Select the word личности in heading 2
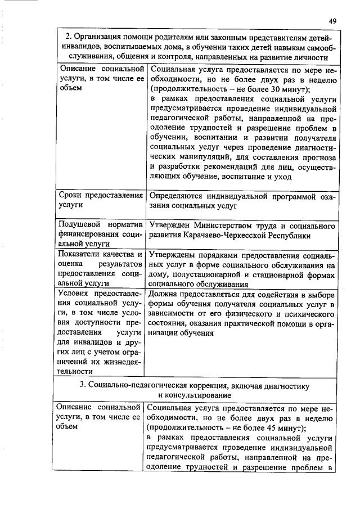coord(310,57)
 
